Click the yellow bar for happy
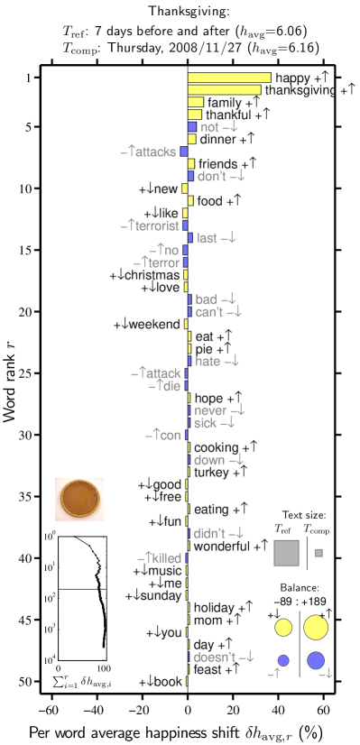(x=229, y=78)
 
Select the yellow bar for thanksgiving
(x=224, y=90)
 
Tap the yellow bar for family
(x=195, y=103)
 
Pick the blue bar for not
(x=191, y=127)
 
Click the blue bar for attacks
(x=184, y=152)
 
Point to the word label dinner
(x=217, y=140)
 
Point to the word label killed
(x=164, y=558)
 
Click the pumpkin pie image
(x=79, y=499)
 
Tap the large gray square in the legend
(x=286, y=553)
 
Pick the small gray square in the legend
(x=318, y=552)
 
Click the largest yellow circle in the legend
(x=315, y=627)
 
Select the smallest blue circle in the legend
(x=283, y=660)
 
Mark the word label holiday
(x=215, y=608)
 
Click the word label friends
(x=217, y=164)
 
